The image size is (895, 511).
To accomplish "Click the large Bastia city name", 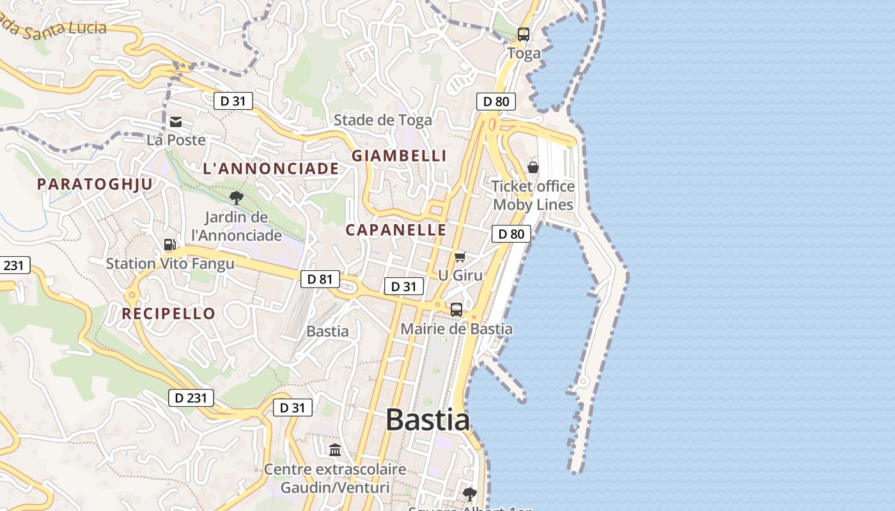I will tap(428, 420).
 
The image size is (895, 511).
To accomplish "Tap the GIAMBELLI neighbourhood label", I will tap(399, 155).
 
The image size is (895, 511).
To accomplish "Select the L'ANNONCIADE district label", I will tap(270, 169).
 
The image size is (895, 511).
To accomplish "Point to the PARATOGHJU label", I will tap(95, 185).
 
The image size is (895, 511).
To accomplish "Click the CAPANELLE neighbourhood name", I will tap(396, 230).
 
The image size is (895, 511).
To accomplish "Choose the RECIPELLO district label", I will tap(168, 314).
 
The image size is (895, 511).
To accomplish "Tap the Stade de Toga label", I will tap(383, 120).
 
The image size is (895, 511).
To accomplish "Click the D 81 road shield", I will tap(320, 279).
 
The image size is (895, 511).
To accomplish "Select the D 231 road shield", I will tap(191, 398).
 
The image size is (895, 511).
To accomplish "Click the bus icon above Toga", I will tap(524, 34).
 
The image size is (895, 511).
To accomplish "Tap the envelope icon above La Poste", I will tap(176, 121).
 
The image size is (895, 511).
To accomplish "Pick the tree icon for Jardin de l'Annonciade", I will tap(237, 198).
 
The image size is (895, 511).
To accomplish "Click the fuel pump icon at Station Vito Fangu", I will tap(170, 244).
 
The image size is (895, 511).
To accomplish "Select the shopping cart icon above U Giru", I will tap(460, 257).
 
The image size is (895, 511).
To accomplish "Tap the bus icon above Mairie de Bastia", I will tap(456, 310).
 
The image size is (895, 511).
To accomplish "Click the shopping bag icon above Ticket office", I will tap(533, 167).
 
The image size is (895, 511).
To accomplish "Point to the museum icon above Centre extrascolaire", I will tap(335, 450).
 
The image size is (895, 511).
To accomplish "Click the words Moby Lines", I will tap(533, 204).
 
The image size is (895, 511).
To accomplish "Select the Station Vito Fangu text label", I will tap(170, 263).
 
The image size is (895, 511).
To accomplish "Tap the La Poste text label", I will tap(176, 140).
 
